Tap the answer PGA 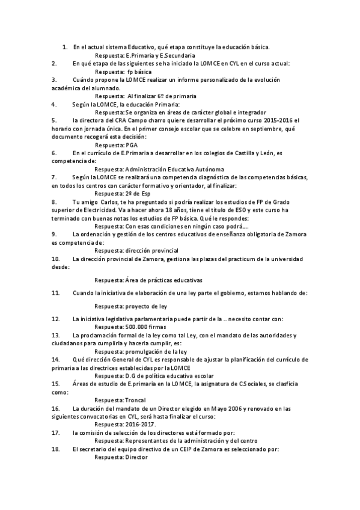point(131,146)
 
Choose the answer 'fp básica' point(139,71)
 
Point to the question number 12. point(55,319)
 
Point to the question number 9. point(54,234)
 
